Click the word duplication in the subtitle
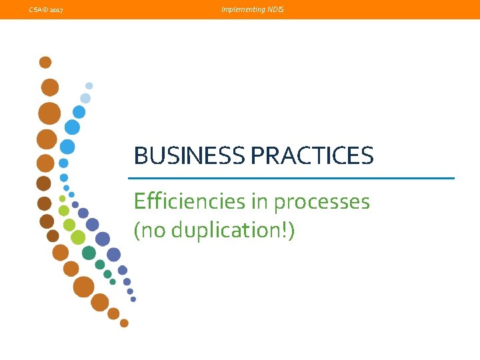coord(224,231)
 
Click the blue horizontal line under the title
coord(291,178)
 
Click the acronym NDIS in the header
coord(275,10)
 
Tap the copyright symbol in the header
coord(43,10)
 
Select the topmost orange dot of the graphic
coord(45,62)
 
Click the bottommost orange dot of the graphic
coord(124,323)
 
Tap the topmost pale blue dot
coord(89,85)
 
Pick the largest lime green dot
coord(78,237)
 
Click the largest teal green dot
coord(89,253)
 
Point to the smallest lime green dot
coord(63,198)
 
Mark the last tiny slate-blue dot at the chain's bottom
coord(133,299)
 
